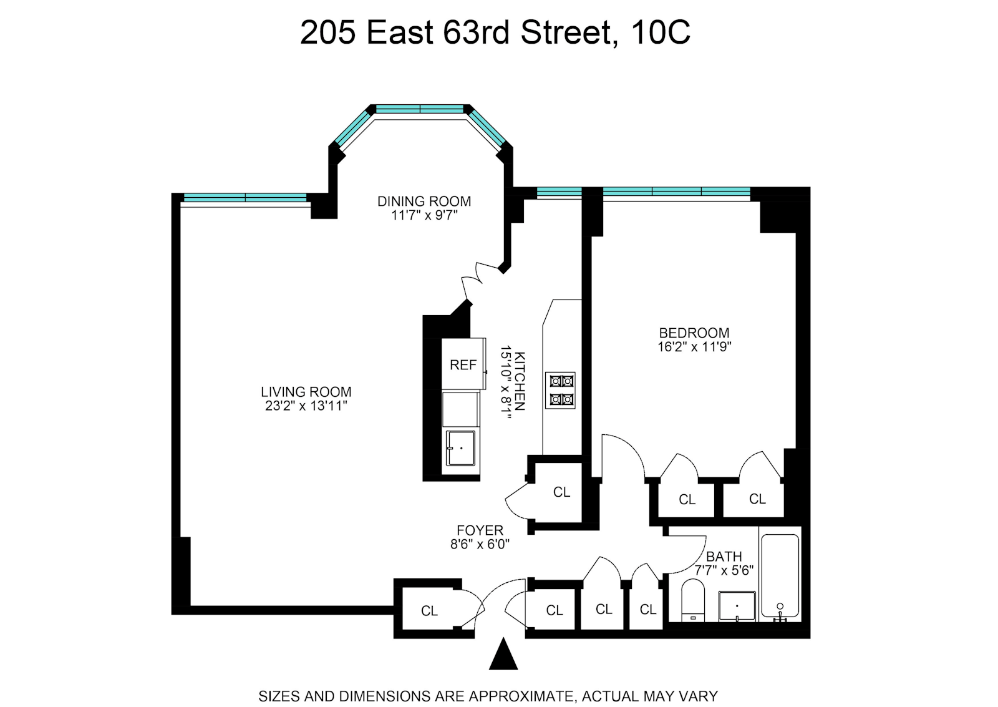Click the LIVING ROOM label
pos(306,392)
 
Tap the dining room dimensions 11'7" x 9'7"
pos(424,215)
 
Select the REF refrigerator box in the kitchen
pos(463,365)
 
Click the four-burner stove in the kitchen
pos(560,390)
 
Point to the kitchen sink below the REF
pos(461,448)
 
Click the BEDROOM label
pos(694,333)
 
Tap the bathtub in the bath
pos(780,575)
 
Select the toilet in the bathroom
pos(692,601)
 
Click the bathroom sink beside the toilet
pos(737,605)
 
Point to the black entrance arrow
pos(503,655)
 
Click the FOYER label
pos(480,530)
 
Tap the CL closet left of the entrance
pos(429,611)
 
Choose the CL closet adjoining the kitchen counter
pos(561,492)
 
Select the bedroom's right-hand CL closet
pos(757,499)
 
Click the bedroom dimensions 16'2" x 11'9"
pos(694,347)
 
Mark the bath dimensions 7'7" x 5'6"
pos(724,570)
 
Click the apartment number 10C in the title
pos(661,32)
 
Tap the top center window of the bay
pos(420,109)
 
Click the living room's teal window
pos(245,198)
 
